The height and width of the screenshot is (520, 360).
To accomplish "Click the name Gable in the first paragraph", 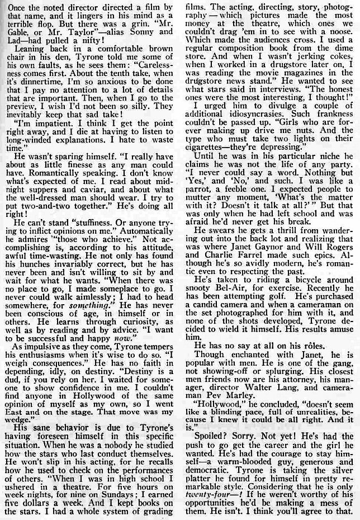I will pos(17,37).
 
